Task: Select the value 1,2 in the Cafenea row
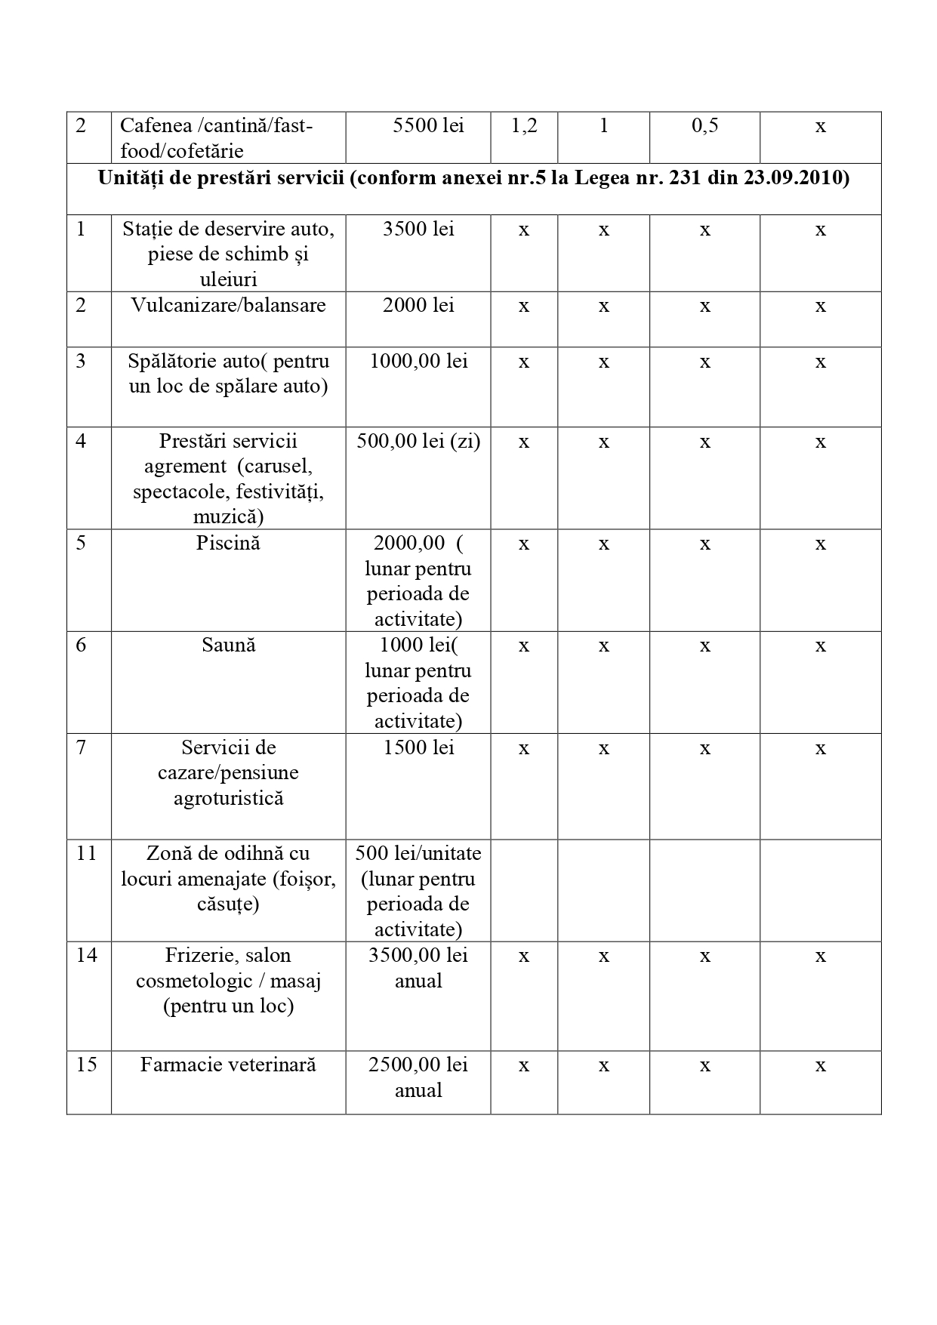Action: pos(524,126)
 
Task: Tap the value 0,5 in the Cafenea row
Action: pos(704,126)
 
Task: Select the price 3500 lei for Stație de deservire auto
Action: pos(418,229)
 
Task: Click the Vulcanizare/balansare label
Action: pos(228,305)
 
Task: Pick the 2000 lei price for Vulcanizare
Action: pos(418,305)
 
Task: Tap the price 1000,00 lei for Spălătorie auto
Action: pos(418,361)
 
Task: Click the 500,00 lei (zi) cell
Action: pos(418,441)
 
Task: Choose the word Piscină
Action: pos(228,543)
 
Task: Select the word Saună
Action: pos(228,645)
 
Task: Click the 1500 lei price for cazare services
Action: pos(418,747)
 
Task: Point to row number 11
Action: pos(87,853)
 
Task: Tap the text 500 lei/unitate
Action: pos(418,853)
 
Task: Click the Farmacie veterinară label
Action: pos(228,1065)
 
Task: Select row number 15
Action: pos(87,1065)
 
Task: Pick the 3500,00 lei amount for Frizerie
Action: pos(418,955)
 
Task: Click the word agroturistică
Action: pos(228,798)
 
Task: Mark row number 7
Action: pos(82,747)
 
